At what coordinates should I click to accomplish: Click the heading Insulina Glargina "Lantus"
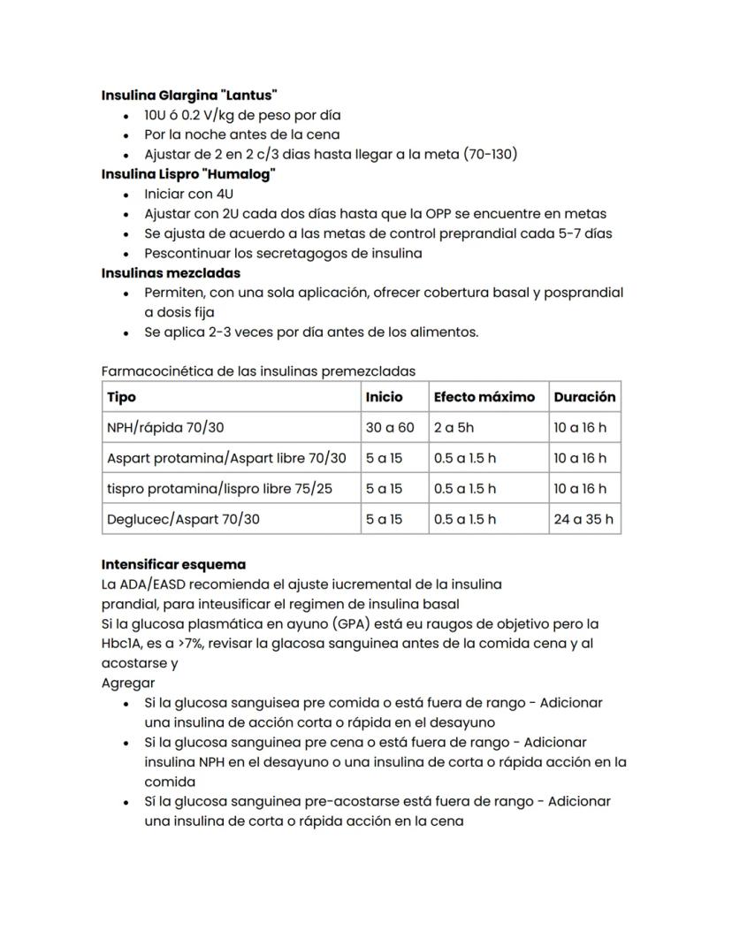tap(189, 95)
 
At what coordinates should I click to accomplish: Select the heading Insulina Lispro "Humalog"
tap(188, 173)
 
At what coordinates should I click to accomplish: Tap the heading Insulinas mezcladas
tap(171, 272)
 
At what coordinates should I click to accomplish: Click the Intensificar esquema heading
tap(173, 564)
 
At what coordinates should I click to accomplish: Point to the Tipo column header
tap(122, 397)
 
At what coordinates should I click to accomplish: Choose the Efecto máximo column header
tap(484, 397)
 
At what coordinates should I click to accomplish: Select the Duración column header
tap(584, 397)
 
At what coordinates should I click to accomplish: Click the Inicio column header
tap(384, 397)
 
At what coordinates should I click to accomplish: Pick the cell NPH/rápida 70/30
tap(165, 428)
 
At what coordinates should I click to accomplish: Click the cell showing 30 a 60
tap(390, 428)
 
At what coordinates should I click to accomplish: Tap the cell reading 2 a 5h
tap(454, 428)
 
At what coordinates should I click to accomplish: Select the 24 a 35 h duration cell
tap(583, 519)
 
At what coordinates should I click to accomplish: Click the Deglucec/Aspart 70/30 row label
tap(183, 519)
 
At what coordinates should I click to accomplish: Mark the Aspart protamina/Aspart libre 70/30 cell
tap(226, 458)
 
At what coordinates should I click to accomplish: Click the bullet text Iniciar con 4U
tap(189, 194)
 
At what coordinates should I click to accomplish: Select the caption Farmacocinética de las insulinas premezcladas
tap(258, 371)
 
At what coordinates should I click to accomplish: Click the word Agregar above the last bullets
tap(128, 683)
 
